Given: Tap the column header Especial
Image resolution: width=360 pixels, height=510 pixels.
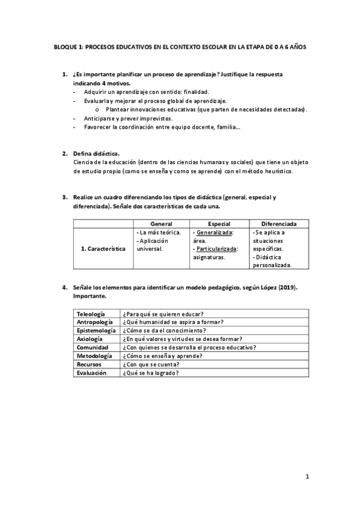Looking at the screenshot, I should pos(219,224).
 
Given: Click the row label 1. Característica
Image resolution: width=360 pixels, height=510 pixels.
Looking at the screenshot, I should pos(103,248).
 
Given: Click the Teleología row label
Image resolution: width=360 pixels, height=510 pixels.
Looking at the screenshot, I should pos(91,314).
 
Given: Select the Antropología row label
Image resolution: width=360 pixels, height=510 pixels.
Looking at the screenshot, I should pos(94,322).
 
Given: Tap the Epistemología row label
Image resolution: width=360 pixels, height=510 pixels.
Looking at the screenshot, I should pos(96,331).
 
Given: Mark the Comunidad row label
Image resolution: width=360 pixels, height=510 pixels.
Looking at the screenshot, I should pos(91,348).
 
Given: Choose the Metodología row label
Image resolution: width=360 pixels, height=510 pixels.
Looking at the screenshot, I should pos(94,356).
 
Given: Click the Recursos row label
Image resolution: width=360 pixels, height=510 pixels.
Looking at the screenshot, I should pos(89,364).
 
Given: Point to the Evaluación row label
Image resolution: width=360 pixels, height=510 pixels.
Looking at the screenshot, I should pos(91,373).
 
